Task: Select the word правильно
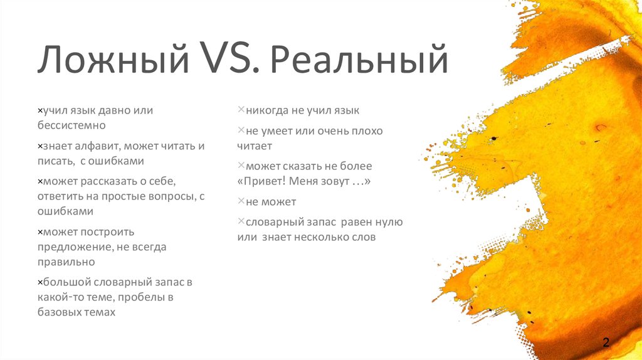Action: pos(66,262)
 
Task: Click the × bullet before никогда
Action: pos(241,110)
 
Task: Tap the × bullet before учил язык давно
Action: pos(39,110)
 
